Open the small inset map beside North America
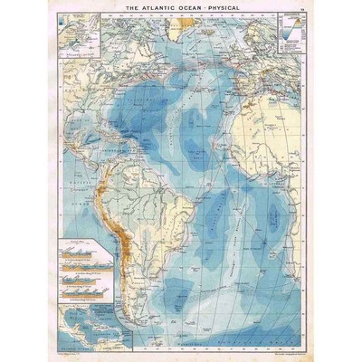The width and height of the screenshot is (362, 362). click(77, 33)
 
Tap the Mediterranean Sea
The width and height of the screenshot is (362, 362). click(271, 86)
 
